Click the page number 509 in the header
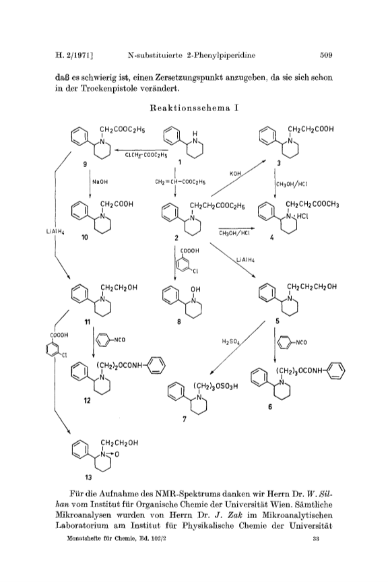pos(326,55)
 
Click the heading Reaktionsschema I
pos(194,108)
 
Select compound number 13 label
pos(88,478)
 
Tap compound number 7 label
pos(185,419)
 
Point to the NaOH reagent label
pos(100,182)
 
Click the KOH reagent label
pos(235,173)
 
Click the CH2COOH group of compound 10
pos(117,204)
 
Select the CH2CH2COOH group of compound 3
pos(311,129)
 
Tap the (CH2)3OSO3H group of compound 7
pos(216,386)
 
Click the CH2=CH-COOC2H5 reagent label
pos(180,182)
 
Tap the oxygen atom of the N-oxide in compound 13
pos(117,454)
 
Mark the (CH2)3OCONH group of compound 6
pos(300,370)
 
